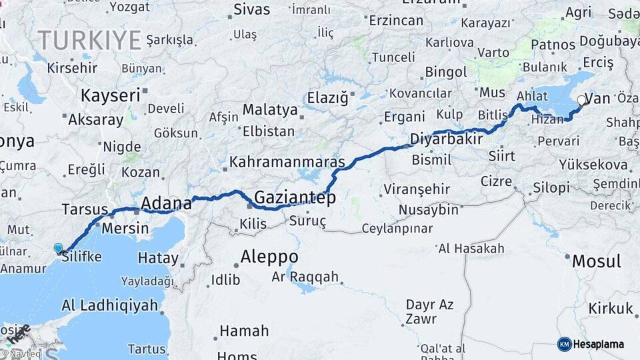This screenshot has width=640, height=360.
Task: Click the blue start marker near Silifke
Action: pos(59,249)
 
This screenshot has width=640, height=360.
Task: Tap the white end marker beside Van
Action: pos(581,101)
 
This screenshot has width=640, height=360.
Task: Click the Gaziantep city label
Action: pos(295,198)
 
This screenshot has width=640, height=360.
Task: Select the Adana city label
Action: pos(166,203)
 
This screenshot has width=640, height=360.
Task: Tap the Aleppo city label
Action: pos(269,257)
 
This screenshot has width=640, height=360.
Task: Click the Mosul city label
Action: pos(595,261)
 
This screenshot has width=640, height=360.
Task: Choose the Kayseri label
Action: pos(111,95)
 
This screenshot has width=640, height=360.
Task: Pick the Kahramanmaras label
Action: pos(287,162)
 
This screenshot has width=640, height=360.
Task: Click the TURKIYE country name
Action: pos(89,40)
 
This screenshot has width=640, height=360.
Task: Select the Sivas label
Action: pos(252,9)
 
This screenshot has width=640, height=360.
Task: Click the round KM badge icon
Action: pos(565,344)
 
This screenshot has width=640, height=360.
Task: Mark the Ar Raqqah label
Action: pos(305,277)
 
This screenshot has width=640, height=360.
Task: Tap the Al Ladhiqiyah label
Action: pos(109,305)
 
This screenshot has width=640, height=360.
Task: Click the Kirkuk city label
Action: pos(610,309)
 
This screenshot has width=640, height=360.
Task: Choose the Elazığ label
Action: pos(327,99)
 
